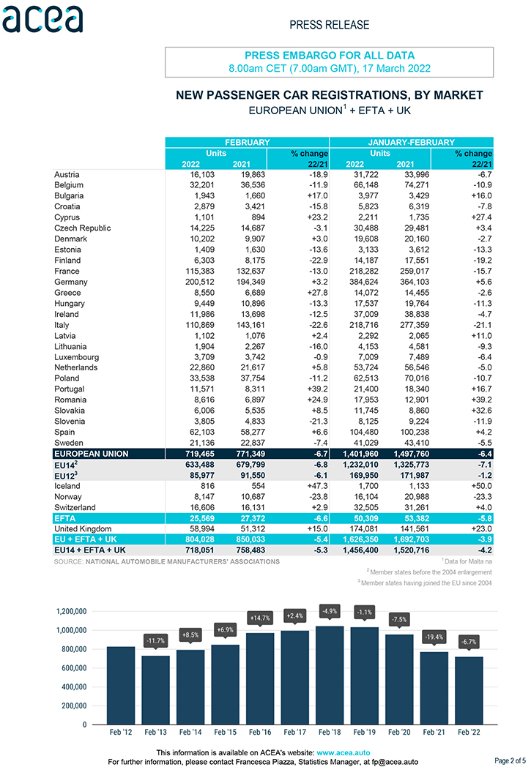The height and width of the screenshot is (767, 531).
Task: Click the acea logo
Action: point(43,20)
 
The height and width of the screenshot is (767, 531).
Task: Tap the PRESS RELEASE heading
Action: point(330,25)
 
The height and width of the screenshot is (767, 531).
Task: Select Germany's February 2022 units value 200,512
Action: point(200,282)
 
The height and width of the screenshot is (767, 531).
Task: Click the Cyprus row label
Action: point(67,217)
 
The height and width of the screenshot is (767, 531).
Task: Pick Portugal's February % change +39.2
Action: point(318,389)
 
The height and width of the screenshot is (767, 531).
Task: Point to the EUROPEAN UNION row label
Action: point(92,454)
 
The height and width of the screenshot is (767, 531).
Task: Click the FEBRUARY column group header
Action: point(247,142)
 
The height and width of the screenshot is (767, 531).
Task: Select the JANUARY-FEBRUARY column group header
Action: point(412,142)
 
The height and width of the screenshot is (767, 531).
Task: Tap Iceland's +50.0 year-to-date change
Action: point(482,486)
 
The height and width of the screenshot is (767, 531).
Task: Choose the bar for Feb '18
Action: point(330,675)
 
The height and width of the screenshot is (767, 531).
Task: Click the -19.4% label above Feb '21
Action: point(434,637)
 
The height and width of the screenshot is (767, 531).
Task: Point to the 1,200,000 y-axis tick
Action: point(72,611)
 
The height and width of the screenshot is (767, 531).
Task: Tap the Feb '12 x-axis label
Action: point(121,733)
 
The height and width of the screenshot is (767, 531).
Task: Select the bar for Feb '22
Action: point(469,691)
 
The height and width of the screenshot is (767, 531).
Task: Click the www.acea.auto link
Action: point(343,753)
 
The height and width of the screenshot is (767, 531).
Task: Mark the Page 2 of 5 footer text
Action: point(510,760)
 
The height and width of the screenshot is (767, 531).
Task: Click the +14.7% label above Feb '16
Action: point(260,618)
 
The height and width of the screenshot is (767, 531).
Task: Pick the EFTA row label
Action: point(65,518)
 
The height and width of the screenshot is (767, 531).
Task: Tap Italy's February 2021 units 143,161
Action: point(250,325)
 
